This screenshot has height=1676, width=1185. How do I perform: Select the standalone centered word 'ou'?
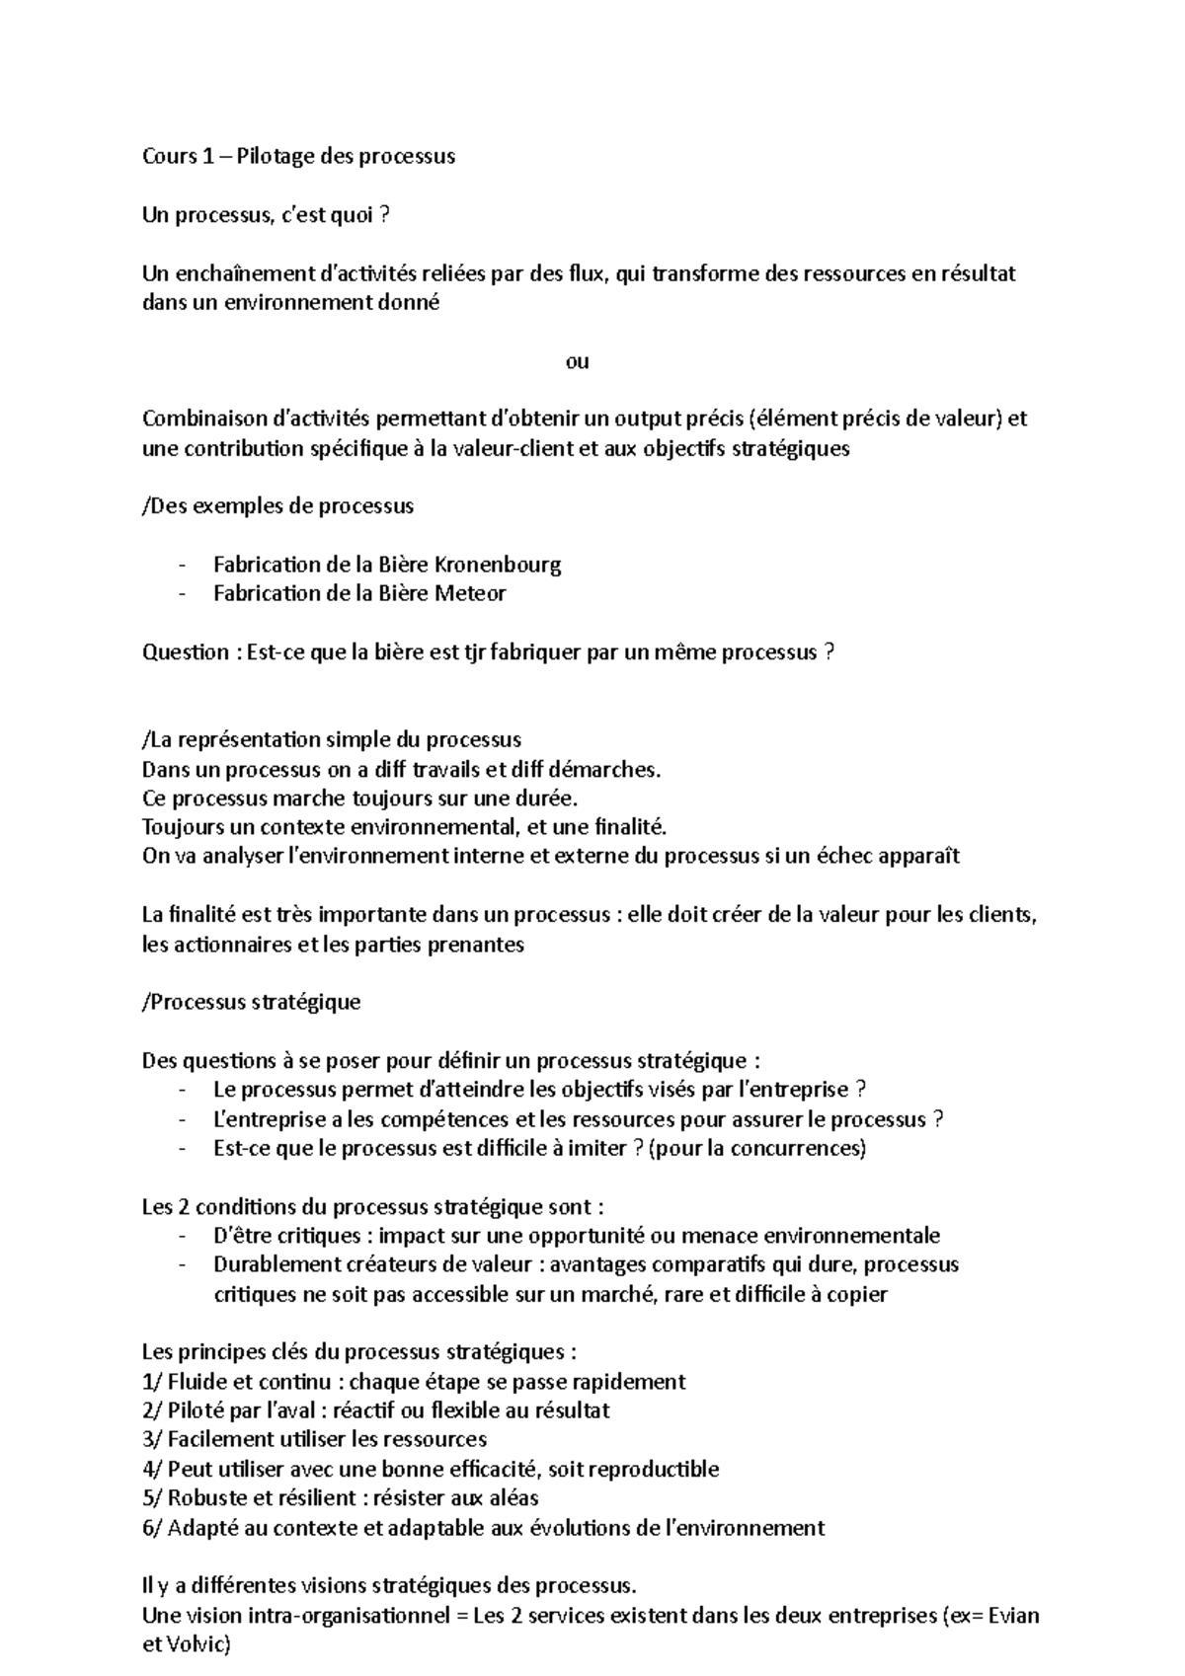578,361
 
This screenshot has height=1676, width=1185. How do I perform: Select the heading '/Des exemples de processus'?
278,506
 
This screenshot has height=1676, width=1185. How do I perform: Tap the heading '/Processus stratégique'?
252,1002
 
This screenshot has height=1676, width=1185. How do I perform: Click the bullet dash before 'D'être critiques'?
183,1236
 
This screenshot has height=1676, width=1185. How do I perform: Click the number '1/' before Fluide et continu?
153,1382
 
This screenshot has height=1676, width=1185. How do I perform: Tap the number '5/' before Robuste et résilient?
153,1498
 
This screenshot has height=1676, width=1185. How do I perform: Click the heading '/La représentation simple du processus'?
332,739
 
